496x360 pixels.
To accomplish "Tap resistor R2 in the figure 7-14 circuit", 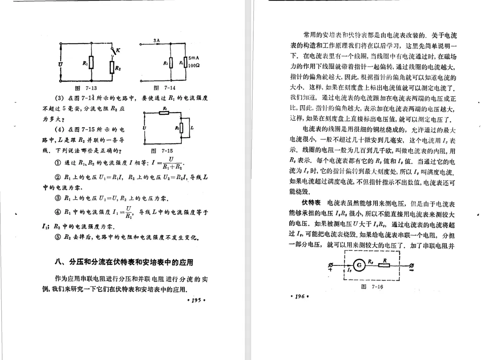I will click(171, 63).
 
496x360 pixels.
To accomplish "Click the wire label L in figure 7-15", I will click(192, 127).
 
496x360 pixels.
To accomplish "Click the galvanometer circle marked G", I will click(359, 264).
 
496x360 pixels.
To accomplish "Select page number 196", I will click(299, 296).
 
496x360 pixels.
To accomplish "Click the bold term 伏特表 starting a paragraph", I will click(311, 202).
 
